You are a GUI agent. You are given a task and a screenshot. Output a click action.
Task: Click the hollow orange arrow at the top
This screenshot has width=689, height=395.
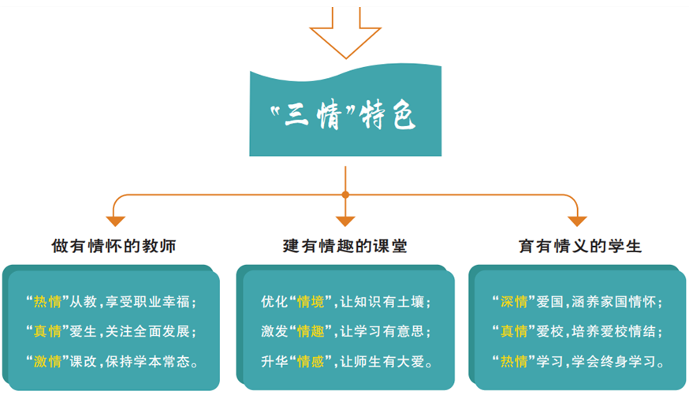(345, 44)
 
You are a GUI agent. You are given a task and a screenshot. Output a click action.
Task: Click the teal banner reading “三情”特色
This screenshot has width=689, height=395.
(345, 112)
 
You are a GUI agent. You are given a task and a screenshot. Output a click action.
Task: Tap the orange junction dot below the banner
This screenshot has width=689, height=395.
(345, 195)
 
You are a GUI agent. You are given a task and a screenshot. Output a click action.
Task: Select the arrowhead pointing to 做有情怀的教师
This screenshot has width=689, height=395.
(116, 221)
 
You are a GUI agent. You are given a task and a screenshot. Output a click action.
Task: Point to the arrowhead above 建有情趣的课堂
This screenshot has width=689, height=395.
(345, 221)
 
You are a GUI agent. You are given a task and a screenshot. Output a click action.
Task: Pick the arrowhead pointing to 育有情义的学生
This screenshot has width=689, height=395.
(577, 221)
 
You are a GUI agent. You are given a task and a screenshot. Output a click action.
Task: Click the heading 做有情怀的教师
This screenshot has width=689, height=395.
(114, 246)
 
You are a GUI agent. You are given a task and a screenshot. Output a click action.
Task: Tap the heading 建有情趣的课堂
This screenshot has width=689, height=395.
(345, 246)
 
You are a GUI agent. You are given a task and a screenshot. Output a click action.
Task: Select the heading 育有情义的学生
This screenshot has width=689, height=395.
(580, 246)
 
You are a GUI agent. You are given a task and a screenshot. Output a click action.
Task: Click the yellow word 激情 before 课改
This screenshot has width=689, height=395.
(47, 362)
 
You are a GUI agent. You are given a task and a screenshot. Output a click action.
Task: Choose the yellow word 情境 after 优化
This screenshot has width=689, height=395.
(311, 302)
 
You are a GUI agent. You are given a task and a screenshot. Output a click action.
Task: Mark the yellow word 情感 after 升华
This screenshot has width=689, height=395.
(311, 362)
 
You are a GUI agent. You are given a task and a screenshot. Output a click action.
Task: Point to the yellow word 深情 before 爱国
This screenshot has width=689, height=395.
(514, 302)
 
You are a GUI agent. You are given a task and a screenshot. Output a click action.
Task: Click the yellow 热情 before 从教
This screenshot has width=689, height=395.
(47, 302)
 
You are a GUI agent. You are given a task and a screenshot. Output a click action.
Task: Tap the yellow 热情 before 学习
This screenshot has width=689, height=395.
(514, 362)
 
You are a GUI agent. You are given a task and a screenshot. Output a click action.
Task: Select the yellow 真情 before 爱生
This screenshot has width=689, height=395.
(47, 331)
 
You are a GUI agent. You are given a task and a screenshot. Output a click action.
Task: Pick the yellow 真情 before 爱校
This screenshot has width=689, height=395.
(514, 331)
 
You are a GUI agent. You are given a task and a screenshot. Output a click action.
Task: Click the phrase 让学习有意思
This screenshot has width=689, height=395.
(382, 331)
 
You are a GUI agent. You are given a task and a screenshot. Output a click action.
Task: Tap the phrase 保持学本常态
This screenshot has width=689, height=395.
(147, 362)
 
